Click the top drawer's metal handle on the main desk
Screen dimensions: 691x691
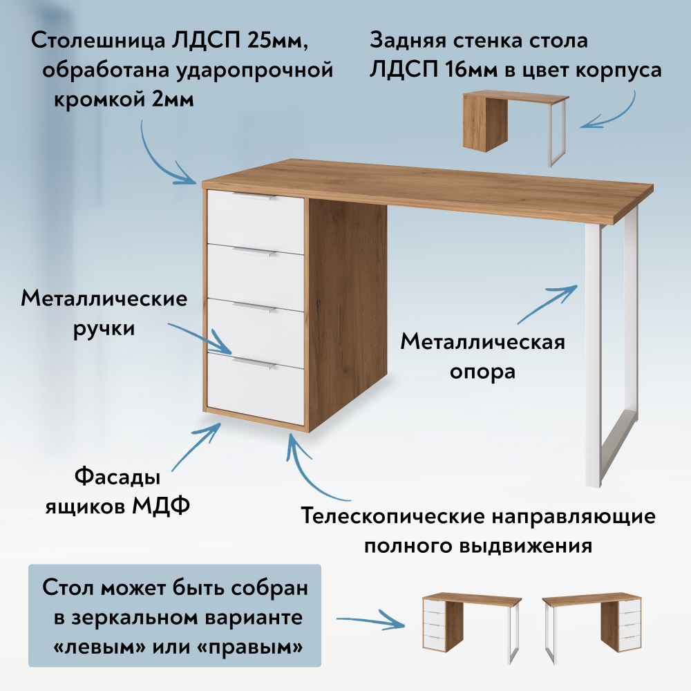(253, 197)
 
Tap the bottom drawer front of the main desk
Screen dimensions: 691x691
(256, 388)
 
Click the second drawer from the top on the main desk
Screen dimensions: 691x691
(256, 278)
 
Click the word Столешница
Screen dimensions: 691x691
(99, 41)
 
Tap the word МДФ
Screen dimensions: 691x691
(161, 506)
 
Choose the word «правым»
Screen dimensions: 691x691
(255, 647)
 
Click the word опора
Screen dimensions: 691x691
(482, 372)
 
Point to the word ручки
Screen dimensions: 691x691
(104, 329)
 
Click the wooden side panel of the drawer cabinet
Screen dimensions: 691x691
(348, 314)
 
